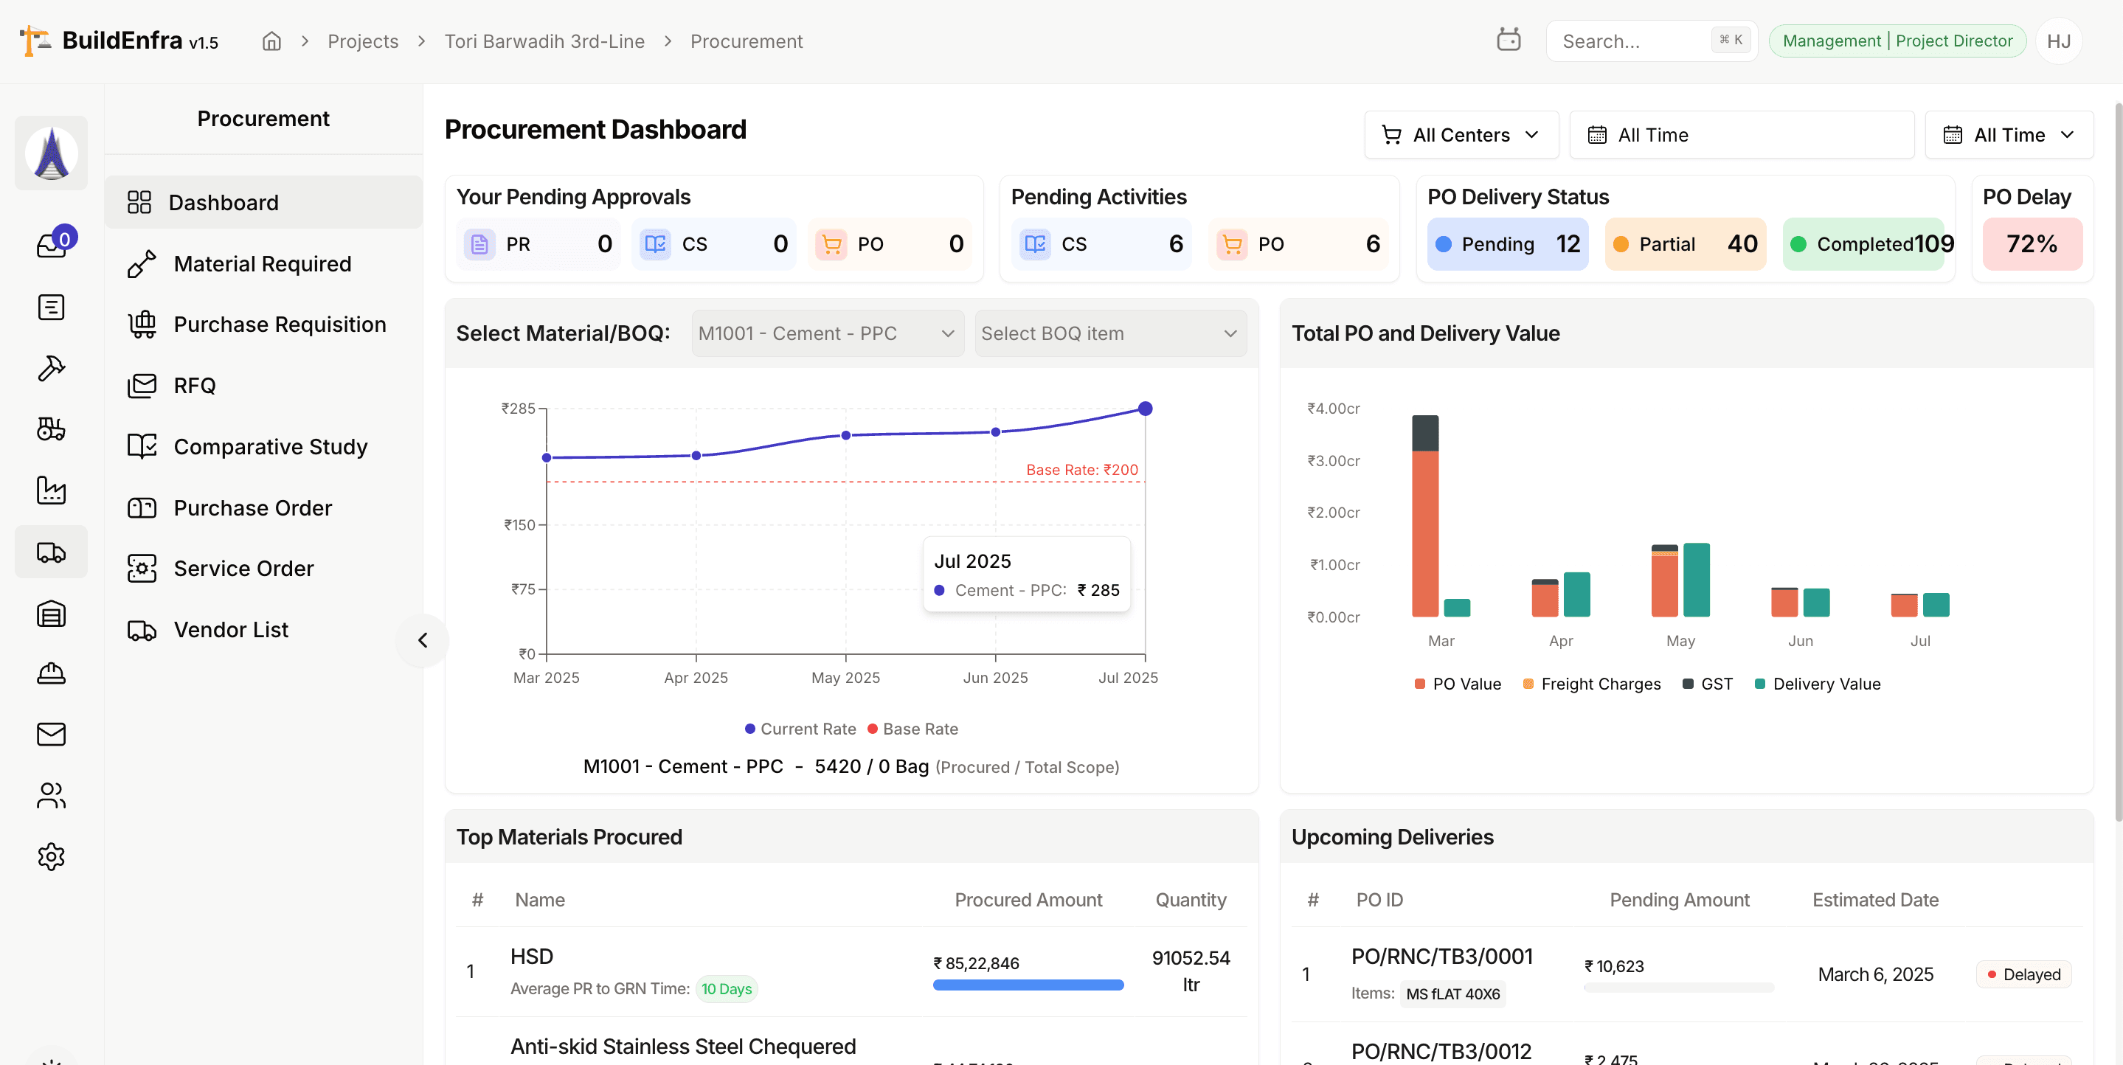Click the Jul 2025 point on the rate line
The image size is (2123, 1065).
point(1145,408)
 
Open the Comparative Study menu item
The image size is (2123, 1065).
point(269,446)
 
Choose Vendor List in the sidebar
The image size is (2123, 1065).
point(231,630)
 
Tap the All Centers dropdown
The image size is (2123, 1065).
point(1461,135)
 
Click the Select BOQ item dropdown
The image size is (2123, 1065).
point(1109,333)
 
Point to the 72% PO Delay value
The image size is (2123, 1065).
point(2032,244)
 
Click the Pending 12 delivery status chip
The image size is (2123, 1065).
point(1507,244)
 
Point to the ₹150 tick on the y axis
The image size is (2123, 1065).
point(520,525)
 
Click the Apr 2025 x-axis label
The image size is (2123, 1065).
point(696,678)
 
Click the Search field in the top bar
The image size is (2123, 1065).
point(1632,41)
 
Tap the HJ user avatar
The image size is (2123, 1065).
point(2058,41)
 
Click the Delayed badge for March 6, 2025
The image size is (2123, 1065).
point(2023,974)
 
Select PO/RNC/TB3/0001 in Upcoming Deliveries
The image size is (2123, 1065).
point(1441,956)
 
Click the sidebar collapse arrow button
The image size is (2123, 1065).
point(423,640)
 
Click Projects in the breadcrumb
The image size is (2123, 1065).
point(363,41)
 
